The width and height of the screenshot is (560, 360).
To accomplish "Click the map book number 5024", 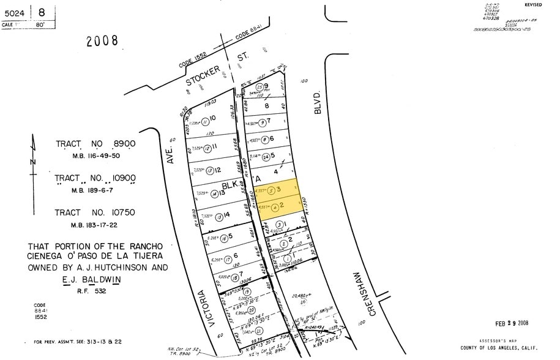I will (15, 12).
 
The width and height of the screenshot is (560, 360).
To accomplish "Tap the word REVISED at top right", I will (533, 5).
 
